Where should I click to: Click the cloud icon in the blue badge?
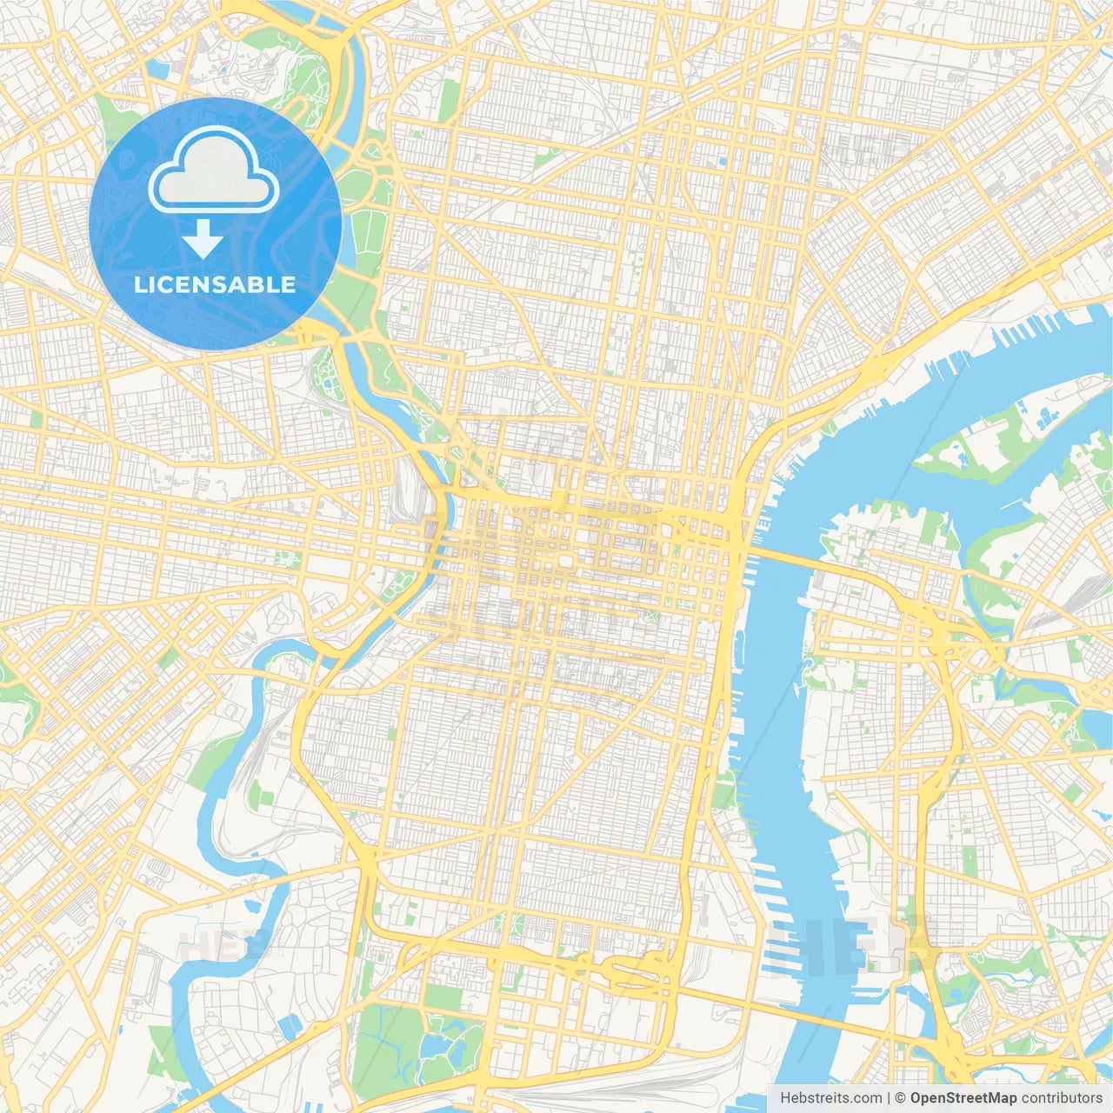coord(214,170)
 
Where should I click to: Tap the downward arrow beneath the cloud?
coord(203,239)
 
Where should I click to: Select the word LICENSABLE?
coord(215,284)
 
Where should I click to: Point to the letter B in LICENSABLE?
coord(254,284)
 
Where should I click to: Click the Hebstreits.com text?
coord(830,1098)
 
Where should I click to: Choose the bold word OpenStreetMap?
coord(963,1098)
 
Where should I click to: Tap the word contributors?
coord(1062,1098)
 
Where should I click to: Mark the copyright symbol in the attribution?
coord(901,1098)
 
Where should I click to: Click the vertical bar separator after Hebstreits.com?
coord(889,1098)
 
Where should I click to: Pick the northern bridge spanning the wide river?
coord(783,556)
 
